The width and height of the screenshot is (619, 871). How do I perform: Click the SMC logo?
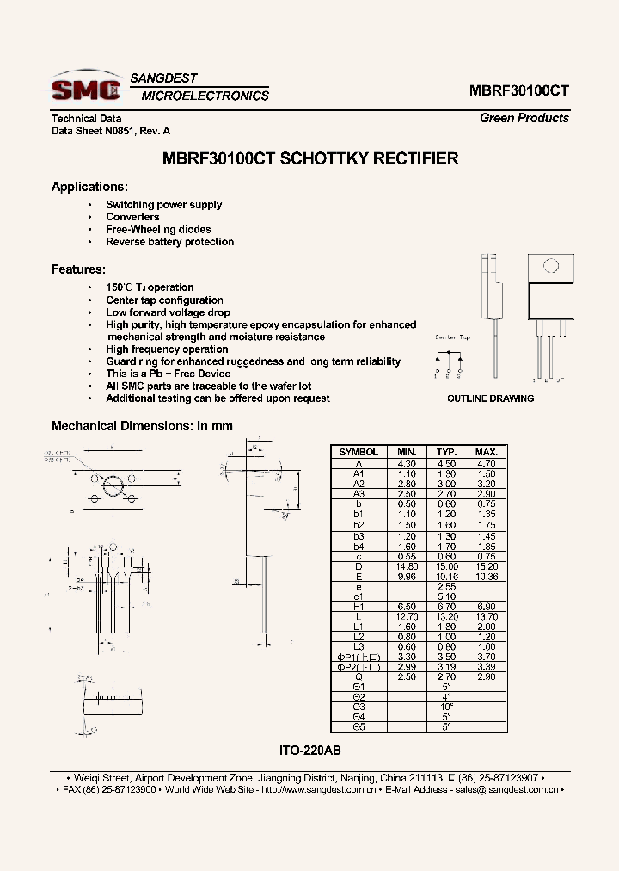tap(84, 88)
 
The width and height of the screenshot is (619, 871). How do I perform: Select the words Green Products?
tap(524, 118)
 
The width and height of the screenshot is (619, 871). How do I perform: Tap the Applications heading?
tap(89, 187)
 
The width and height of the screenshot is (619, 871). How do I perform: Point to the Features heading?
tap(78, 269)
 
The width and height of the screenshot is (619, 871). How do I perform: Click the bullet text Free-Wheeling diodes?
tap(158, 230)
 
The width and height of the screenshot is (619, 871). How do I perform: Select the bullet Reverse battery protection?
tap(169, 242)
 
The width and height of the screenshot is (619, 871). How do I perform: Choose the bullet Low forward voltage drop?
tap(168, 312)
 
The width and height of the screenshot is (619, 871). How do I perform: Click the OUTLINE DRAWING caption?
tap(490, 398)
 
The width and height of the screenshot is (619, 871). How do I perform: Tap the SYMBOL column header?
tap(359, 452)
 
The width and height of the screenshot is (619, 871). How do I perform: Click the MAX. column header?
tap(486, 452)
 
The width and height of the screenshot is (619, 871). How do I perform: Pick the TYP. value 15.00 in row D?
tap(445, 565)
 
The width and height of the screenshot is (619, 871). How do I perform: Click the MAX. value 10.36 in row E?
tap(486, 577)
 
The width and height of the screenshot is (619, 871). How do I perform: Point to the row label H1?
tap(359, 607)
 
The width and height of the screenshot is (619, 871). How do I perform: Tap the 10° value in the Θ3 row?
tap(445, 706)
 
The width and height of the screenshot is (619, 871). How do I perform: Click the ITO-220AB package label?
tap(311, 750)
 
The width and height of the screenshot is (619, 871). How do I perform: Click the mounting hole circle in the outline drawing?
tap(549, 266)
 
